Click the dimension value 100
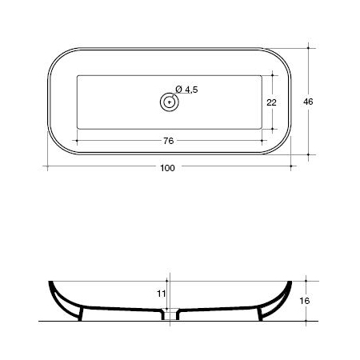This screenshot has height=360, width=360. click(167, 168)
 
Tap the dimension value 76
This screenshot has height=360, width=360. click(169, 141)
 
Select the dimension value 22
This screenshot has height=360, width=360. click(271, 102)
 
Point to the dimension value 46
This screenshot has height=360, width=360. click(308, 102)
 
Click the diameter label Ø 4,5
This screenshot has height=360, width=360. click(186, 90)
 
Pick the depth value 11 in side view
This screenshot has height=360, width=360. click(162, 294)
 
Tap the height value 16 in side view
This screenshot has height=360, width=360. click(304, 301)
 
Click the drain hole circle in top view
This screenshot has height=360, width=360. click(170, 102)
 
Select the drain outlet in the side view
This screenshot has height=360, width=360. click(170, 314)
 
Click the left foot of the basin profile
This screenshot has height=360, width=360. click(81, 314)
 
